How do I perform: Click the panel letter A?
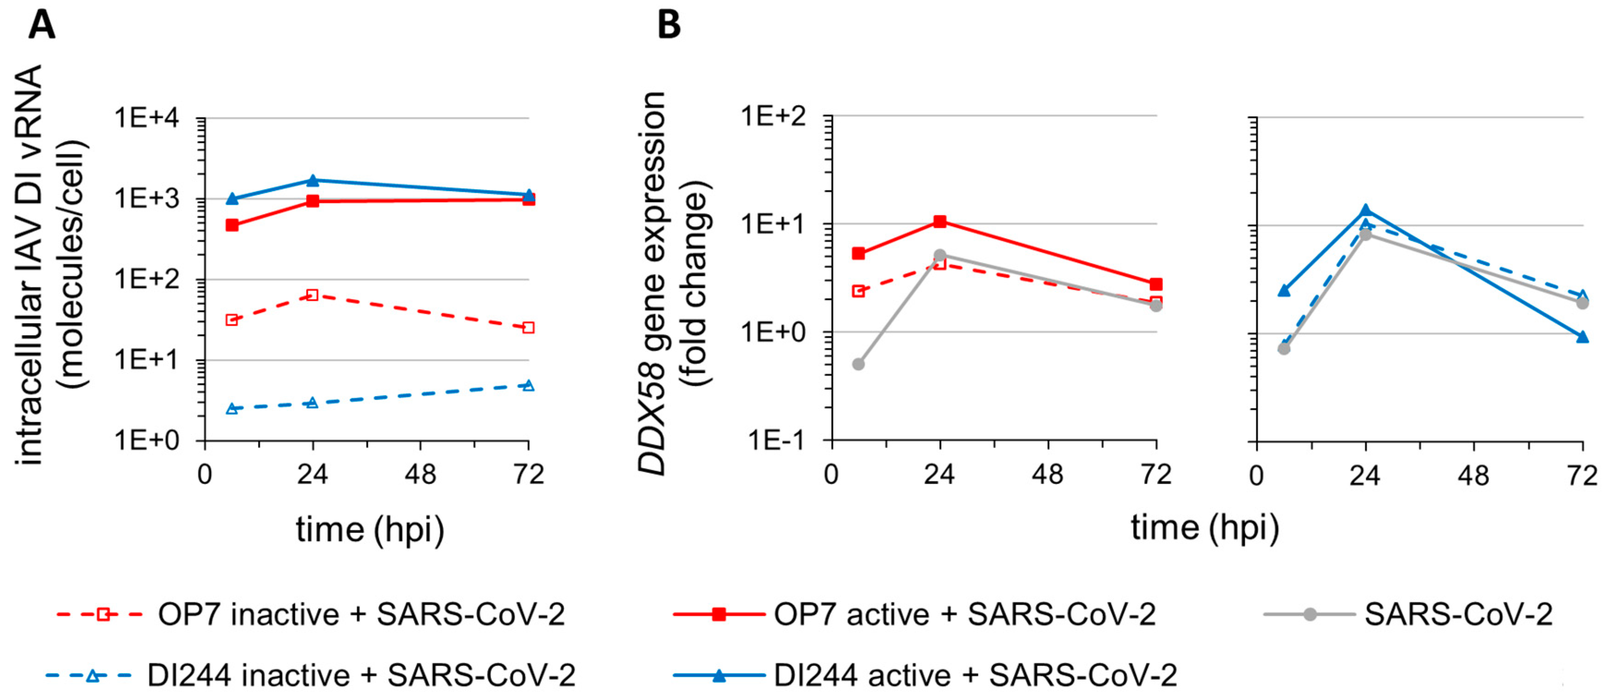coord(42,25)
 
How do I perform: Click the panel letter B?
coord(669,25)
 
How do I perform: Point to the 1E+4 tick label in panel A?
coord(147,117)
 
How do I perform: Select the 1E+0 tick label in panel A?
coord(147,441)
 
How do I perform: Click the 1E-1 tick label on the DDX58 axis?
coord(776,441)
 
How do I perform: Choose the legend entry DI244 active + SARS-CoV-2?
coord(925,675)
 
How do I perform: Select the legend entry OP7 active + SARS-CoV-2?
coord(915,615)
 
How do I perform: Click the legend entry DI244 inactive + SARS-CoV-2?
coord(311,675)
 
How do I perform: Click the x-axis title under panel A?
coord(370,531)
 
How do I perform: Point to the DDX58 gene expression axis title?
coord(673,284)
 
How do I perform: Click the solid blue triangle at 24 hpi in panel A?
coord(313,180)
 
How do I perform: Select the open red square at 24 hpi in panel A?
coord(312,295)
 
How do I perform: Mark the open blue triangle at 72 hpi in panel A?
coord(529,385)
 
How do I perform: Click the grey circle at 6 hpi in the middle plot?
coord(858,364)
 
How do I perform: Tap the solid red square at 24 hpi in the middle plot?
coord(940,222)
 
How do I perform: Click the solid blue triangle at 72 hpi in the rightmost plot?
coord(1582,336)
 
